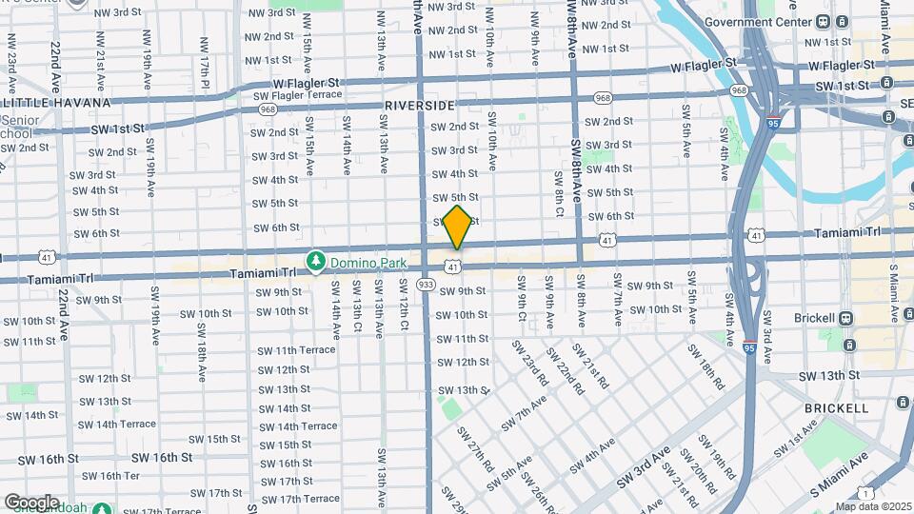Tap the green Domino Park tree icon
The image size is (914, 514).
316,260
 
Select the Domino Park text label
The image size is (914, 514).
368,262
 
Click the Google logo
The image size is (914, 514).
31,502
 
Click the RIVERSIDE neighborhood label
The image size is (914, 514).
420,105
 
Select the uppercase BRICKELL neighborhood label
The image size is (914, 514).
836,407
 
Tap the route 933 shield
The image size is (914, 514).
426,284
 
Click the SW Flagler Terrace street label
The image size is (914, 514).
297,95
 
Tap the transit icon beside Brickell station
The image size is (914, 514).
844,318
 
